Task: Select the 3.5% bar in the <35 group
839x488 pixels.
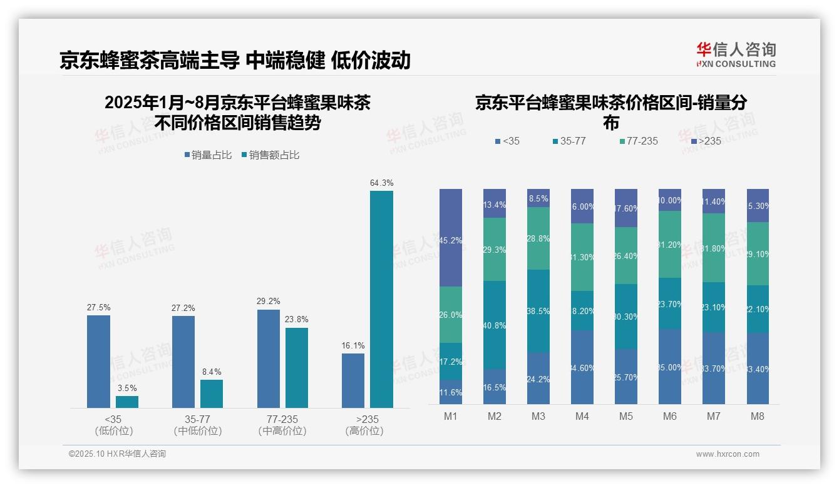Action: (x=127, y=402)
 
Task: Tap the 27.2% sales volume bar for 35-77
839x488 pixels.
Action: (x=183, y=362)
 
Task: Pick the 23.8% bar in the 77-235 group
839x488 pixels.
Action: (x=297, y=367)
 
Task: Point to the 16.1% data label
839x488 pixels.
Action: (x=353, y=345)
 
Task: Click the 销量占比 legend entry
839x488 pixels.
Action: (x=210, y=155)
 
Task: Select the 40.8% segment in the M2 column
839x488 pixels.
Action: (x=495, y=324)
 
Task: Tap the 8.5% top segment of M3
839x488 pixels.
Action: (x=538, y=198)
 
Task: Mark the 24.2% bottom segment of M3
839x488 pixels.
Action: (x=538, y=378)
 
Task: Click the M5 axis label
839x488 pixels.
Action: (x=626, y=416)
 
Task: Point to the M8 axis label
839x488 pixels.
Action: (x=758, y=416)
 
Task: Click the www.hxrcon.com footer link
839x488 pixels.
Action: (x=728, y=454)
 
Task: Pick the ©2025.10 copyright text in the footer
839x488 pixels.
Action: (x=117, y=454)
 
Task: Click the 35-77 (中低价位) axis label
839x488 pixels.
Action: (x=197, y=425)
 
